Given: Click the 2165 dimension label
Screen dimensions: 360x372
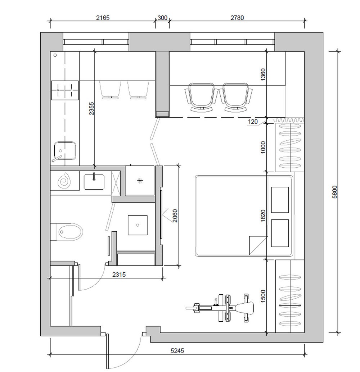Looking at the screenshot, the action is (x=103, y=18).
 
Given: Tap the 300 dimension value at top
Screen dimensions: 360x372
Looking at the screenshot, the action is (x=162, y=18).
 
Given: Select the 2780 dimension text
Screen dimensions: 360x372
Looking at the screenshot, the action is (x=237, y=18).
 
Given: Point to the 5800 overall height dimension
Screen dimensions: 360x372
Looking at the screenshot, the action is (x=334, y=192).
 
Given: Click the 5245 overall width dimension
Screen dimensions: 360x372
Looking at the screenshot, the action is (x=177, y=350).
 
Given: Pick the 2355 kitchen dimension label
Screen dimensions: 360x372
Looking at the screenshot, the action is (x=91, y=108).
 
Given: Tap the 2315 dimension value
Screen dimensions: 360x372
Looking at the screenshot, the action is (x=119, y=275).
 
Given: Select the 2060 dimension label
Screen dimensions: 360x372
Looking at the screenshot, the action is (x=175, y=216).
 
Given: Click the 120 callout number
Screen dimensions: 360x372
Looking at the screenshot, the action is (x=253, y=122).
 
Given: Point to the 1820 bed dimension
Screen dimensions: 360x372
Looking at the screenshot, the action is (x=263, y=216).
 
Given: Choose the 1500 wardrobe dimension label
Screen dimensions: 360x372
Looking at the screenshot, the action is (x=263, y=296).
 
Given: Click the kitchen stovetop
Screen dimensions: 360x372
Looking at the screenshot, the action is (x=65, y=90).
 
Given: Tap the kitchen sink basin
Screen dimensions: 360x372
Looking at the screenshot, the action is (x=65, y=151).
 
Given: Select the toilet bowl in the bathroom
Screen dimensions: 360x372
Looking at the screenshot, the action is (x=70, y=232).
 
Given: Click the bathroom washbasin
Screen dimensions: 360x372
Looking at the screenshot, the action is (x=94, y=182).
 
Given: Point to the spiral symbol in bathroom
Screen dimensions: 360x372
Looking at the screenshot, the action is (x=64, y=181).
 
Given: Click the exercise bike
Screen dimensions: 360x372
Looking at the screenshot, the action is (x=220, y=308).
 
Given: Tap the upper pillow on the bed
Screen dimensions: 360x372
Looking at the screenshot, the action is (x=280, y=200).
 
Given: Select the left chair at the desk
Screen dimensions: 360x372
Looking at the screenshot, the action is (x=201, y=97).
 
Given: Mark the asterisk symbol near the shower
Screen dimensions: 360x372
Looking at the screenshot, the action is (x=140, y=181).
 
